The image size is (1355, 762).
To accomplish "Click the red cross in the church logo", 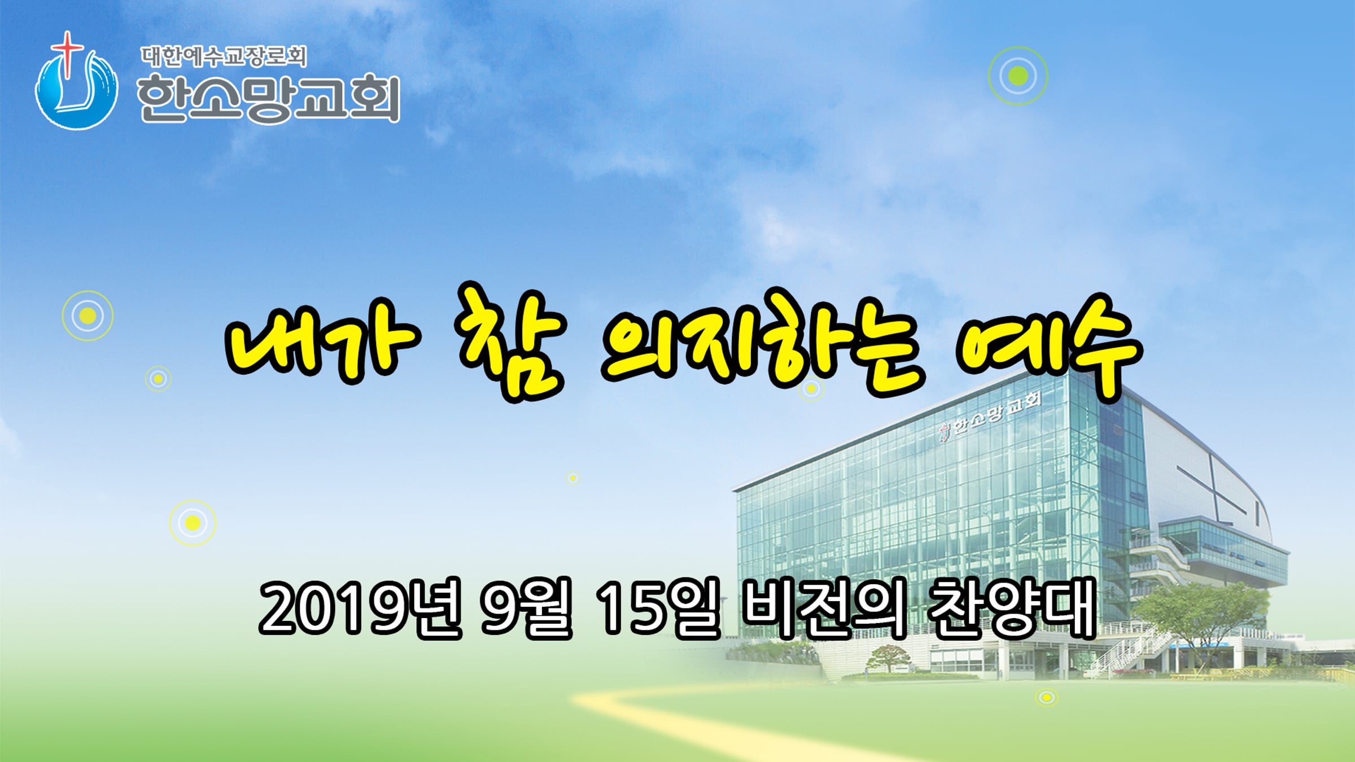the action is coord(67,54).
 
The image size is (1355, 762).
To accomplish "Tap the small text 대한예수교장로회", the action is coord(224,56).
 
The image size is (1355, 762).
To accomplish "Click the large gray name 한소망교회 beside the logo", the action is coord(269,99).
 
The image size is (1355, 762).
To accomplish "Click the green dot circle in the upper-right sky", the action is coord(1018,76).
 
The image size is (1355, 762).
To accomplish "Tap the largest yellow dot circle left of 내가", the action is coord(88,316).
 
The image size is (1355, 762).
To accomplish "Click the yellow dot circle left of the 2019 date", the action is coord(193,523).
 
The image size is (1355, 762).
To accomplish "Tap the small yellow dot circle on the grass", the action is coord(1047,698).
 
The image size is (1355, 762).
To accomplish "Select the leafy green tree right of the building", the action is coord(1197,615).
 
